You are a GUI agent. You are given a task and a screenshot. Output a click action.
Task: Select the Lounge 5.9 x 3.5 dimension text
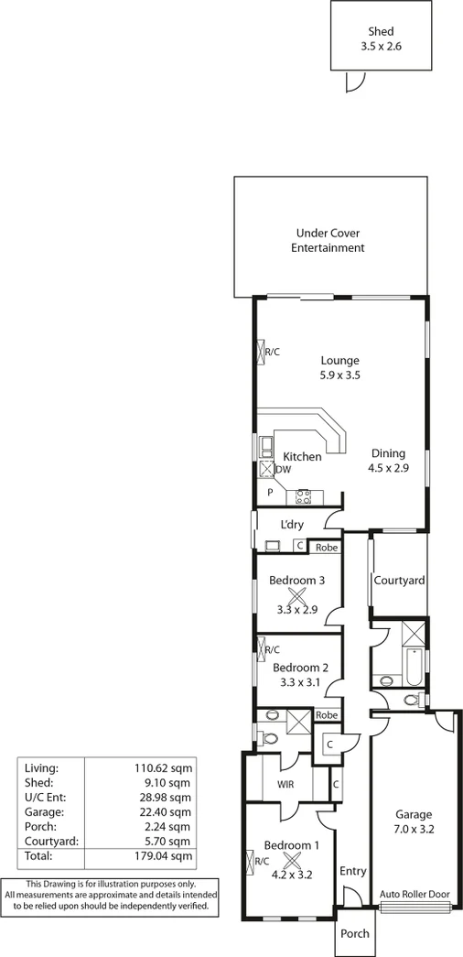pyautogui.click(x=339, y=375)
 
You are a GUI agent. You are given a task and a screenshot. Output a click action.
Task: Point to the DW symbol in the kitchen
pyautogui.click(x=284, y=470)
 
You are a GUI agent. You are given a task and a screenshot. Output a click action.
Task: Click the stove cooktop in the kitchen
pyautogui.click(x=304, y=497)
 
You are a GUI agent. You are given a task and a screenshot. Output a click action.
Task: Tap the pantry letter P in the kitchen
pyautogui.click(x=271, y=492)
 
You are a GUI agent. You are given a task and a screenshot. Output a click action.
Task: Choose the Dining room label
pyautogui.click(x=387, y=453)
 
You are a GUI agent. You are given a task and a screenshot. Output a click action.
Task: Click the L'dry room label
pyautogui.click(x=293, y=525)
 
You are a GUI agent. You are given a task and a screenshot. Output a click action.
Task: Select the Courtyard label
pyautogui.click(x=399, y=581)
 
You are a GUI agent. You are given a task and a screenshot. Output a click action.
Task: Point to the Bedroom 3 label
pyautogui.click(x=297, y=580)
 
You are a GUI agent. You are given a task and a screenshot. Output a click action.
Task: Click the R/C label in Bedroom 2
pyautogui.click(x=272, y=649)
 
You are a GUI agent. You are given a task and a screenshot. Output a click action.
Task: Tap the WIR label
pyautogui.click(x=284, y=785)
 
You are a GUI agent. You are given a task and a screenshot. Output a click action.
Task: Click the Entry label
pyautogui.click(x=352, y=871)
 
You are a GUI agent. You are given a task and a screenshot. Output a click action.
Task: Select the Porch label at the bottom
pyautogui.click(x=355, y=934)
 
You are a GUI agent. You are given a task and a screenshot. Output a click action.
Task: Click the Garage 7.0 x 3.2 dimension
pyautogui.click(x=413, y=831)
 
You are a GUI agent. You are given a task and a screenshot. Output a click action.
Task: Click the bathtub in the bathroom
pyautogui.click(x=413, y=668)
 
